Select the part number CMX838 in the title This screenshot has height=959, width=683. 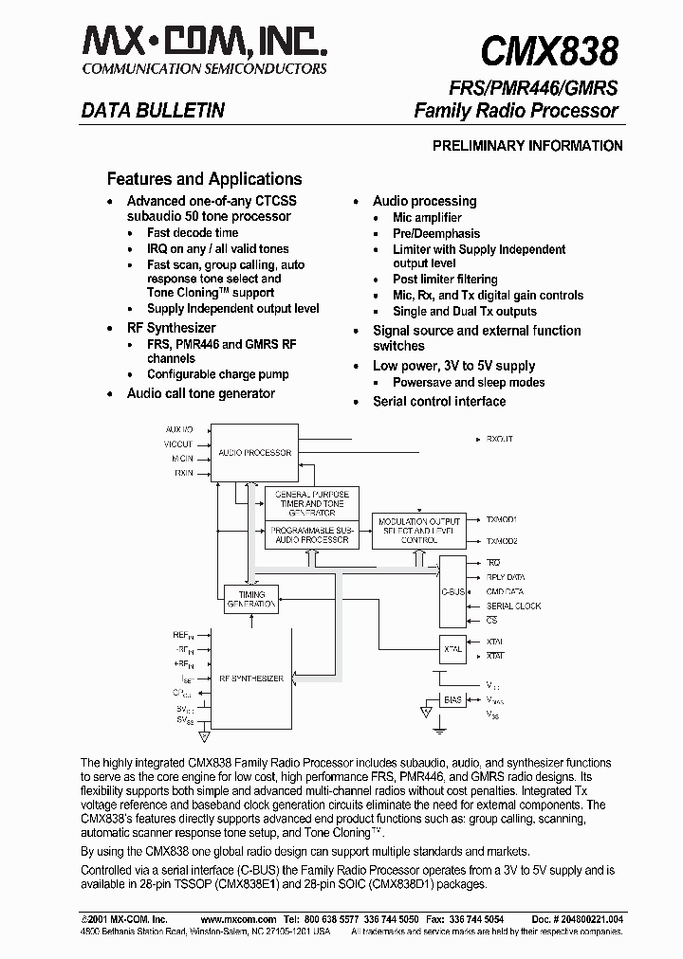click(x=549, y=50)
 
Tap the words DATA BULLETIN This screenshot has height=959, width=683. click(x=152, y=111)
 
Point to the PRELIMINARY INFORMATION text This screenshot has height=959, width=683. click(x=527, y=146)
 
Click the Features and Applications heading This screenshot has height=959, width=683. click(x=204, y=179)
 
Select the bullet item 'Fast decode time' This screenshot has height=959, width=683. click(x=193, y=233)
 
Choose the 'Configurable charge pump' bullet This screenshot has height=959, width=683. click(x=217, y=374)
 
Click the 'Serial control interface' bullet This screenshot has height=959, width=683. click(x=438, y=402)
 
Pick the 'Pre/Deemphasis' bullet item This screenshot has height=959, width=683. click(x=436, y=234)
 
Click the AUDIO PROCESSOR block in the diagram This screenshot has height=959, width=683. click(x=254, y=453)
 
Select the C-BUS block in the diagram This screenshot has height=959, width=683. click(x=452, y=591)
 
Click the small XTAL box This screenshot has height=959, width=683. click(x=452, y=649)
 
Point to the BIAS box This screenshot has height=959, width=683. click(x=452, y=701)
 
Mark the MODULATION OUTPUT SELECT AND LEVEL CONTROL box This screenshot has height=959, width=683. click(x=419, y=530)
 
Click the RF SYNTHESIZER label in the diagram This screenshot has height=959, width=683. click(x=251, y=679)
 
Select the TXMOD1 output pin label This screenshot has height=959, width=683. click(x=502, y=520)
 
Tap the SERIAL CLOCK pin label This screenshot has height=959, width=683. click(x=513, y=606)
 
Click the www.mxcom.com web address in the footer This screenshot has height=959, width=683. click(x=238, y=920)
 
